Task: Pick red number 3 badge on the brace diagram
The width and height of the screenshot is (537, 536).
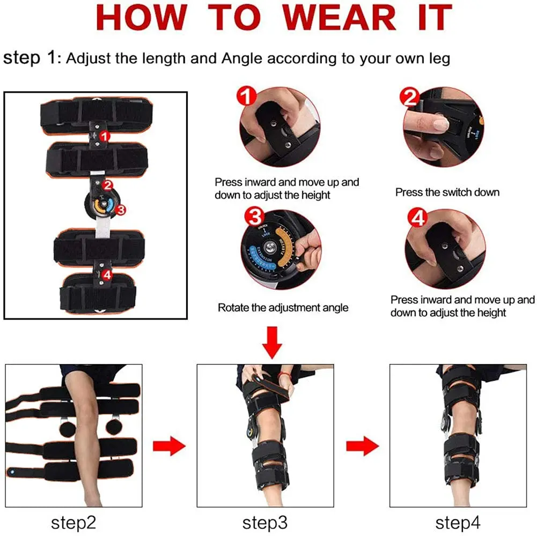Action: click(120, 210)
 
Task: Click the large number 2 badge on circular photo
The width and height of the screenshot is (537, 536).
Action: click(410, 98)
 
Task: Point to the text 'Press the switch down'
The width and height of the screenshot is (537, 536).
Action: click(447, 192)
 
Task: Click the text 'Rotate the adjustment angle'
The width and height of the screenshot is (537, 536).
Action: click(283, 308)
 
